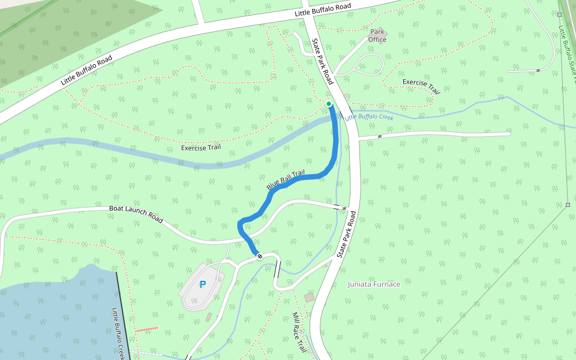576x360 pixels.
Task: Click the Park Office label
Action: click(377, 36)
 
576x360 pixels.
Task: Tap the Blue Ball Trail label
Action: click(286, 181)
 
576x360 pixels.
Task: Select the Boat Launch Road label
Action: click(136, 214)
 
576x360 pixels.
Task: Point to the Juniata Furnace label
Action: click(374, 284)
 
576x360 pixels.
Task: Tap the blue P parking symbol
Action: click(203, 284)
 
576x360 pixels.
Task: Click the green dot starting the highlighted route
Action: click(329, 104)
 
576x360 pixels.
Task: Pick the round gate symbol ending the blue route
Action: click(260, 256)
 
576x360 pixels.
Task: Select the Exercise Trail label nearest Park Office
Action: click(421, 86)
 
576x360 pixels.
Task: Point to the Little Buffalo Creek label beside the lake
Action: click(118, 333)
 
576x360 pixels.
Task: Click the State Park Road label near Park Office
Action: click(323, 61)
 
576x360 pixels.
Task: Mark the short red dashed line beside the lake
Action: click(146, 329)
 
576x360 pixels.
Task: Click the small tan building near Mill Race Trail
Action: click(309, 298)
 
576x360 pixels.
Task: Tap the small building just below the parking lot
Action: click(208, 316)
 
